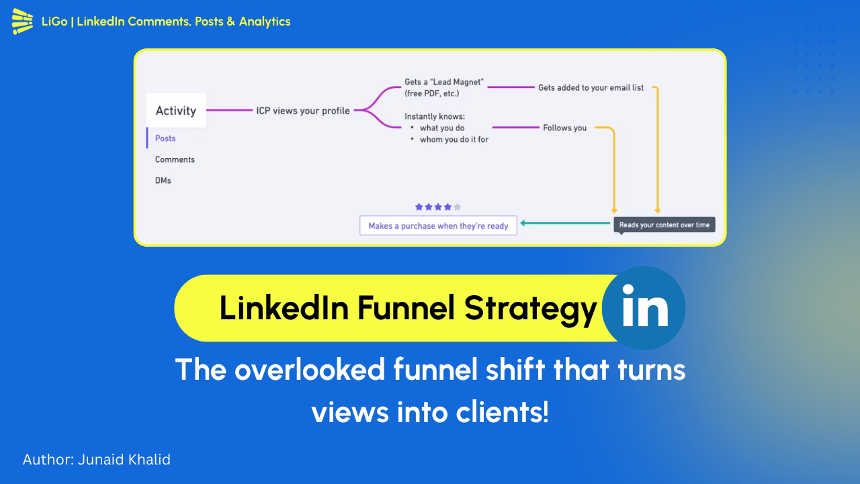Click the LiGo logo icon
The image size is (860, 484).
click(x=22, y=22)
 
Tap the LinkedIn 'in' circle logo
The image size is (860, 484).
click(x=644, y=308)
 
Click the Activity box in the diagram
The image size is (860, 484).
click(x=176, y=111)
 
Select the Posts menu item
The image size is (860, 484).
click(x=165, y=138)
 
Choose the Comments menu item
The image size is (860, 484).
click(x=175, y=159)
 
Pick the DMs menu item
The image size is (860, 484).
click(x=163, y=180)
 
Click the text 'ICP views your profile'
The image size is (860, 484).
click(x=303, y=110)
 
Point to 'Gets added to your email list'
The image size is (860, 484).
click(x=591, y=87)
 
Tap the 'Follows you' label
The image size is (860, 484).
click(x=564, y=128)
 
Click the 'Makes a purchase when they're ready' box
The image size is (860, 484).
click(x=438, y=226)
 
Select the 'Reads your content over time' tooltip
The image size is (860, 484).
click(x=664, y=225)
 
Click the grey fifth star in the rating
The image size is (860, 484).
click(x=458, y=207)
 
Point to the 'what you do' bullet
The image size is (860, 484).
click(x=442, y=128)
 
